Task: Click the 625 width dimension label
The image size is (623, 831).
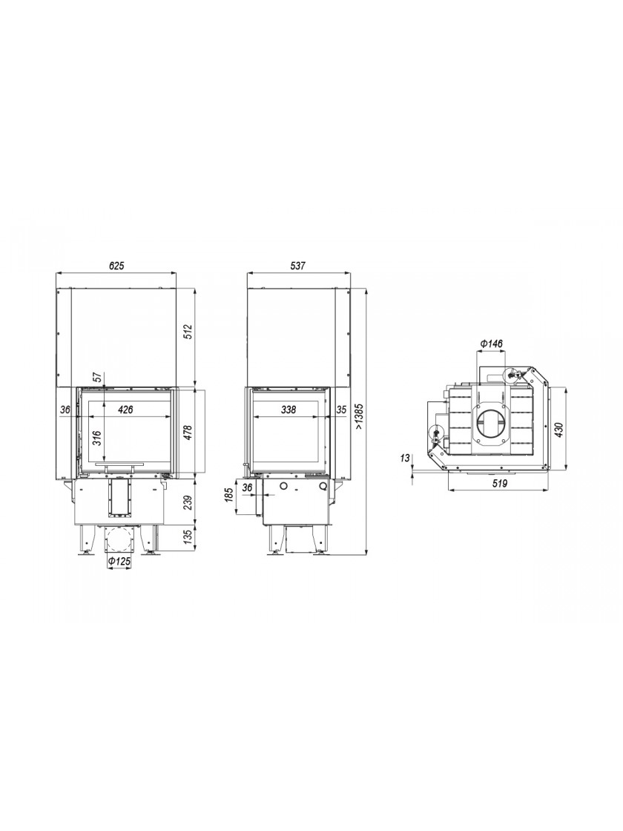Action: coord(116,266)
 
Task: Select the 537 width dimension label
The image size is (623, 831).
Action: coord(298,266)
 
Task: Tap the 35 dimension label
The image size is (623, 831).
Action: coord(341,409)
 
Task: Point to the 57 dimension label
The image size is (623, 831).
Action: coord(97,378)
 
